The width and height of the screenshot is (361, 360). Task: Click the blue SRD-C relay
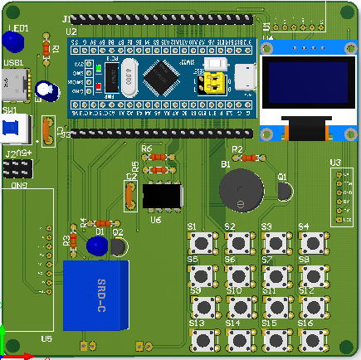click(x=96, y=294)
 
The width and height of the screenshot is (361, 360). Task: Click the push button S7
click(x=276, y=275)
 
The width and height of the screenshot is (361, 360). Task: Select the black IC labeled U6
click(x=162, y=196)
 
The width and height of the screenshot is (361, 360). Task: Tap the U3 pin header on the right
click(x=340, y=197)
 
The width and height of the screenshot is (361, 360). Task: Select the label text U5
click(x=46, y=338)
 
